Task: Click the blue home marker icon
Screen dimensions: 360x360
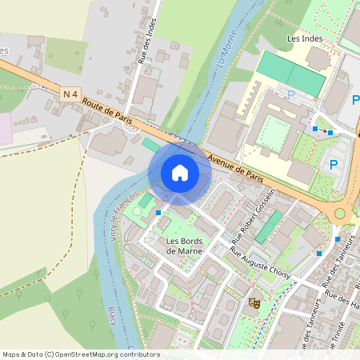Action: (180, 173)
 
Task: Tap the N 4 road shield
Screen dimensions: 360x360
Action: (70, 95)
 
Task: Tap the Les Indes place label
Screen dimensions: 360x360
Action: (303, 38)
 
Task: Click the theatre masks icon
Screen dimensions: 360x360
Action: (255, 302)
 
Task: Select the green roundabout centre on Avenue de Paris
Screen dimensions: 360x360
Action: (340, 214)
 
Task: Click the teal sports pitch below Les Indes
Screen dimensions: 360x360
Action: (290, 74)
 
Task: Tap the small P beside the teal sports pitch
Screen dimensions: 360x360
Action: (291, 94)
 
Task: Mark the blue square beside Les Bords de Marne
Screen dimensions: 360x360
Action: (158, 213)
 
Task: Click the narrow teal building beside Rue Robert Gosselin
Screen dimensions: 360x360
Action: (269, 226)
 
